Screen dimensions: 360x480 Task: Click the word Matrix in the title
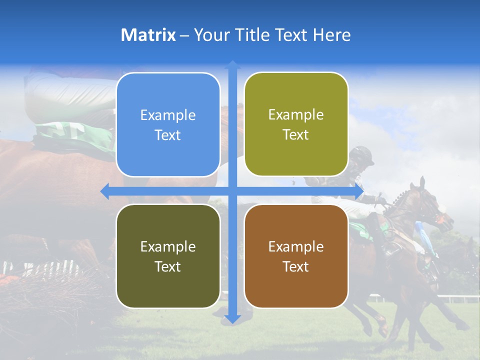(148, 35)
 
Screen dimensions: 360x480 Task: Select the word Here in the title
(331, 35)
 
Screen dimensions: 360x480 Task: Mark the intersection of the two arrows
(232, 191)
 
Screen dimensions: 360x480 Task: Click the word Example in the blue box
(168, 115)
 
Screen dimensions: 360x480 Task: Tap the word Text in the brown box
(296, 266)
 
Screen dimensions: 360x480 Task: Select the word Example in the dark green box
(168, 246)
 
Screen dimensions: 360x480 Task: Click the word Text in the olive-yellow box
(296, 135)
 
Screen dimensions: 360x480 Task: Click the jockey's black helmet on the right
(362, 155)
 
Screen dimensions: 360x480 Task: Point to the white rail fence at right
(460, 299)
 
